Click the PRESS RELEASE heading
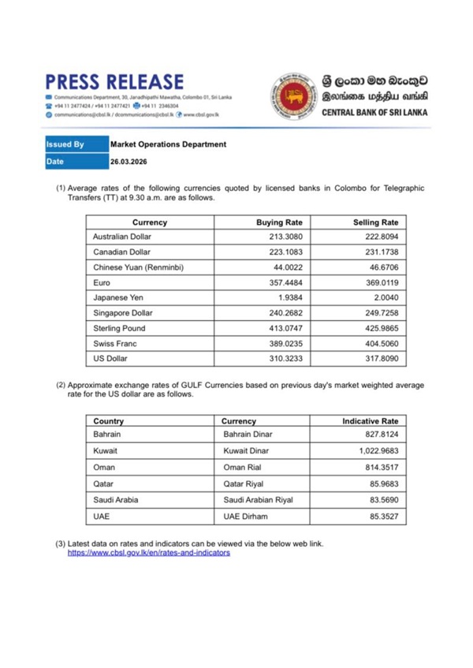pyautogui.click(x=115, y=82)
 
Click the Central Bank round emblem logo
pyautogui.click(x=294, y=97)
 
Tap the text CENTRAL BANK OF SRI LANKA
pyautogui.click(x=374, y=113)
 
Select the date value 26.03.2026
pyautogui.click(x=128, y=162)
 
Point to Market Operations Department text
pyautogui.click(x=168, y=145)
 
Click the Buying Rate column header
pyautogui.click(x=280, y=222)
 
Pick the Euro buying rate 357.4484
pyautogui.click(x=285, y=282)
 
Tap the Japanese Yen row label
pyautogui.click(x=119, y=297)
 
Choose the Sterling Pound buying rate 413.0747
pyautogui.click(x=285, y=328)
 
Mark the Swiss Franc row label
pyautogui.click(x=114, y=343)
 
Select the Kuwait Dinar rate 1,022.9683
pyautogui.click(x=376, y=450)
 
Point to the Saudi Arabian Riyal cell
pyautogui.click(x=259, y=499)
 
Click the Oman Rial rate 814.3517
pyautogui.click(x=382, y=466)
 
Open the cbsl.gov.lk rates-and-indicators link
pyautogui.click(x=148, y=554)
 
